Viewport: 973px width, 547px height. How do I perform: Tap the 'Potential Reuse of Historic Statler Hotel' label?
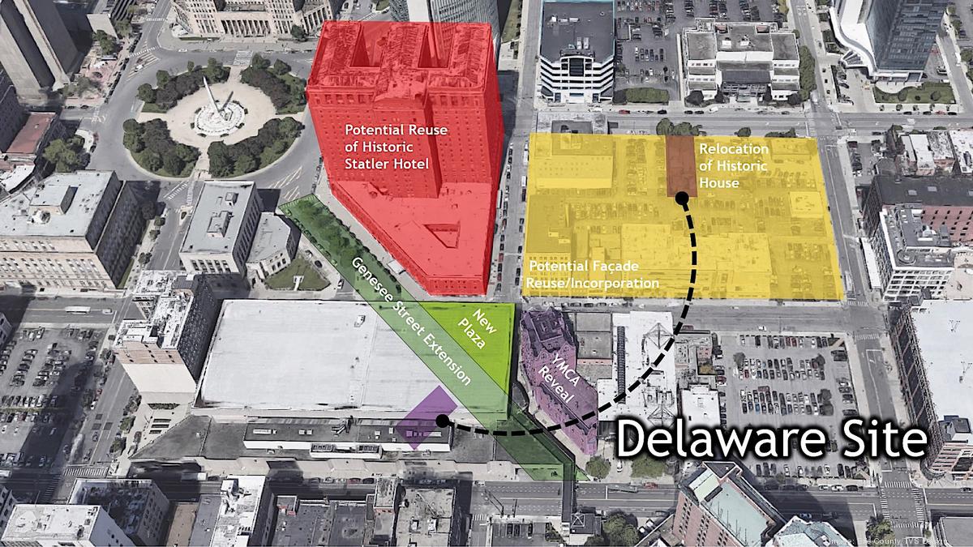click(385, 147)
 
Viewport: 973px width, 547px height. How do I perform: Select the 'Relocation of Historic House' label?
click(733, 165)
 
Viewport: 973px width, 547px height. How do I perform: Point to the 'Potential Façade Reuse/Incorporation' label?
click(593, 274)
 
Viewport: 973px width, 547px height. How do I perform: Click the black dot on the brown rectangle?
click(682, 197)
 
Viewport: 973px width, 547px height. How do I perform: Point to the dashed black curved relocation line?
click(649, 365)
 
